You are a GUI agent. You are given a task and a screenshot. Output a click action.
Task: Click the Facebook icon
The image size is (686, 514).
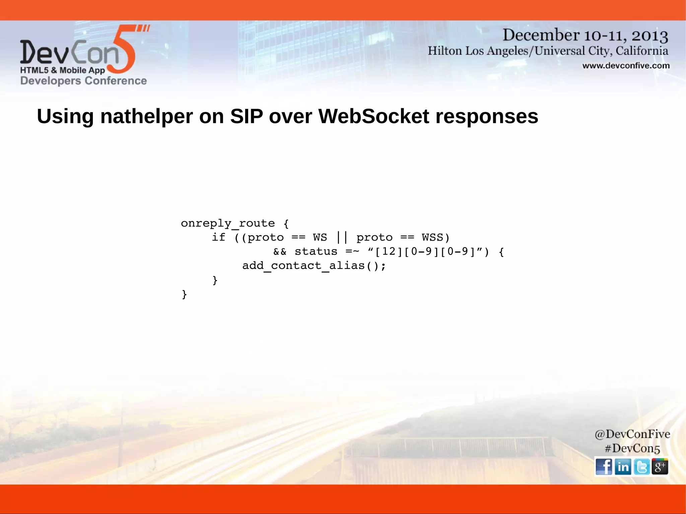(604, 466)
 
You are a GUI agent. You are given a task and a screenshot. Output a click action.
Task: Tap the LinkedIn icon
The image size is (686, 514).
(623, 466)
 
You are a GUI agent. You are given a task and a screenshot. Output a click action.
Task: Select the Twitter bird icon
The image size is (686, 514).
(641, 466)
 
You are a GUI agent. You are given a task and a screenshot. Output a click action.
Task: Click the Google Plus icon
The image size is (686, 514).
(660, 466)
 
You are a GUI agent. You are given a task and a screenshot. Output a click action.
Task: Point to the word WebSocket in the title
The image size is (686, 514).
(373, 117)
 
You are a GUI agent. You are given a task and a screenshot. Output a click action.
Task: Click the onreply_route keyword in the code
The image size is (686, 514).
(228, 223)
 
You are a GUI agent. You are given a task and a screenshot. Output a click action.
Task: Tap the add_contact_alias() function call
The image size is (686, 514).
(314, 266)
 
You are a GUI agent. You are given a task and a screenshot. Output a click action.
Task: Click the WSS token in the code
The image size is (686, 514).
(432, 237)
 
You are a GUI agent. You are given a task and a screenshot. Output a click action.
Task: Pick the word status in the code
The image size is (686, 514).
(316, 251)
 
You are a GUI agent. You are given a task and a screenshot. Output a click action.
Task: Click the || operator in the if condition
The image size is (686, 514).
(342, 237)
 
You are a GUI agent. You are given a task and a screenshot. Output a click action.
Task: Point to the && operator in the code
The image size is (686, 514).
(280, 251)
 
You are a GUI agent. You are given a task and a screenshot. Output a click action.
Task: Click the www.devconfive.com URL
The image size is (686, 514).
(626, 66)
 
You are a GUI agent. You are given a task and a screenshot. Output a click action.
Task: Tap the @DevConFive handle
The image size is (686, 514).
(632, 434)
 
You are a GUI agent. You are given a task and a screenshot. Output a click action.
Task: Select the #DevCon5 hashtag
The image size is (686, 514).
(632, 448)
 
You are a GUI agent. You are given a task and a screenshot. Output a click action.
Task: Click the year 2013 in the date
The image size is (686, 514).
(649, 35)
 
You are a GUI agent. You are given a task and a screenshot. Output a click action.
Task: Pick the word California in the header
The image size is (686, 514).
(641, 51)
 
